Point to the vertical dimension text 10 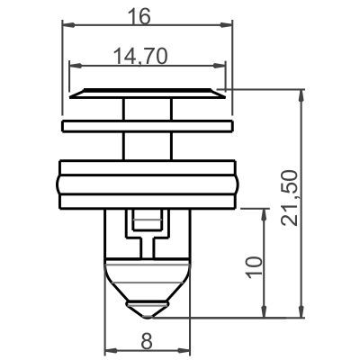pyautogui.click(x=254, y=265)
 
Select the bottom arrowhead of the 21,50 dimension pyautogui.click(x=297, y=314)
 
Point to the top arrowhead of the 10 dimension pyautogui.click(x=265, y=212)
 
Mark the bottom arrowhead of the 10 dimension pyautogui.click(x=265, y=314)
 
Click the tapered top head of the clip pyautogui.click(x=147, y=94)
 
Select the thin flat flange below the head pyautogui.click(x=147, y=121)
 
